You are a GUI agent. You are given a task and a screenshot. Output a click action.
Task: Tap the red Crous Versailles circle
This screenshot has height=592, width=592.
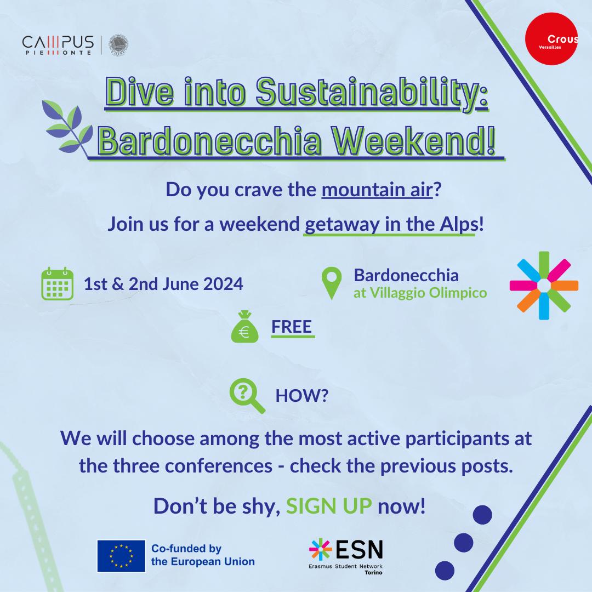point(551,38)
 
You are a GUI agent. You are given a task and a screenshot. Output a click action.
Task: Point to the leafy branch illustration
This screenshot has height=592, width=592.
point(67,127)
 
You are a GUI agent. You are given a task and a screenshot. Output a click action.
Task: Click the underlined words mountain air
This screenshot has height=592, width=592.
point(377,190)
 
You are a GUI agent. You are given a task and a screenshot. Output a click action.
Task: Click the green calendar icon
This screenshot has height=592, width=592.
point(57,283)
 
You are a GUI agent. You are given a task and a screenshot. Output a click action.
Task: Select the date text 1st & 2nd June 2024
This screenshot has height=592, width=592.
point(163,284)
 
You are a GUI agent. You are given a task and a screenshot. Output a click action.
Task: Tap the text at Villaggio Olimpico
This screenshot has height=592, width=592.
point(420,293)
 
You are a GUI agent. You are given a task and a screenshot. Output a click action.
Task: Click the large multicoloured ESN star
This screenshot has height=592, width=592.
point(544,286)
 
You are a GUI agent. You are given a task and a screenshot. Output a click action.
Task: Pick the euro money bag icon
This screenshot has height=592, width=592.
point(244,327)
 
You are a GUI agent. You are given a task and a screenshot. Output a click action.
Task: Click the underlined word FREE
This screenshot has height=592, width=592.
point(292,327)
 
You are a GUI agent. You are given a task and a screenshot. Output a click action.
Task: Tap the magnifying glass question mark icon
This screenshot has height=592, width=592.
point(247,395)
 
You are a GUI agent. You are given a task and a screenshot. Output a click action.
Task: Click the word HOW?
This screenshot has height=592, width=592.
point(301,396)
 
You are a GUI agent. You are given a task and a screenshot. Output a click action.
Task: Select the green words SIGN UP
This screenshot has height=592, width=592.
point(329,506)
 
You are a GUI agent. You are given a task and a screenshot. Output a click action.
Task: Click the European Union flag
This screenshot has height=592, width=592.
point(121,556)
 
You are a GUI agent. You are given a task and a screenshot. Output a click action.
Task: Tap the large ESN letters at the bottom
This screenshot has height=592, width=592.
point(359,549)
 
